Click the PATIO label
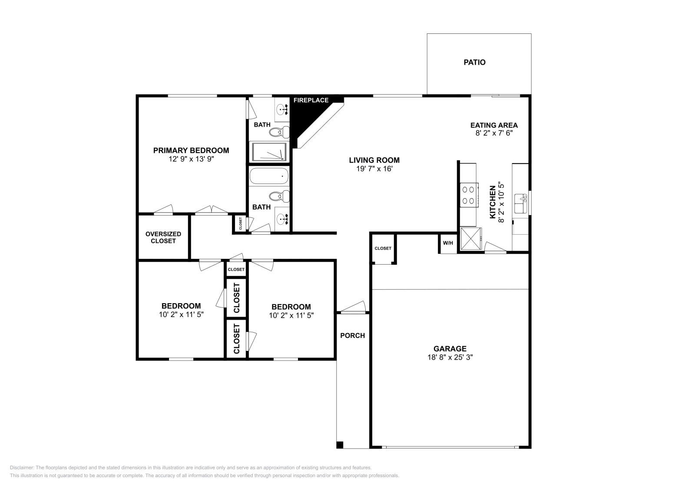[474, 62]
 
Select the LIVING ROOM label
[374, 160]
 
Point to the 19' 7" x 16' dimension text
[374, 169]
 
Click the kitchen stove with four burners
[469, 194]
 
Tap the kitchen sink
[521, 203]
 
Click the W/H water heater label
[448, 243]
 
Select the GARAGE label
[450, 349]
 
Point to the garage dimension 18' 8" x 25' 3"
[450, 357]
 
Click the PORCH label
[352, 335]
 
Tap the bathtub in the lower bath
[269, 176]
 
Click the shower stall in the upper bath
[269, 152]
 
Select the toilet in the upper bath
[279, 133]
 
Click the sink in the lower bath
[282, 219]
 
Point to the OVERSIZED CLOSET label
[163, 238]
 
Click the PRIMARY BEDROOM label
[191, 151]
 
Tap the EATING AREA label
[494, 125]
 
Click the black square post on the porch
[340, 445]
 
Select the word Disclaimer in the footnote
[22, 468]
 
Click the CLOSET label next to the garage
[383, 249]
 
